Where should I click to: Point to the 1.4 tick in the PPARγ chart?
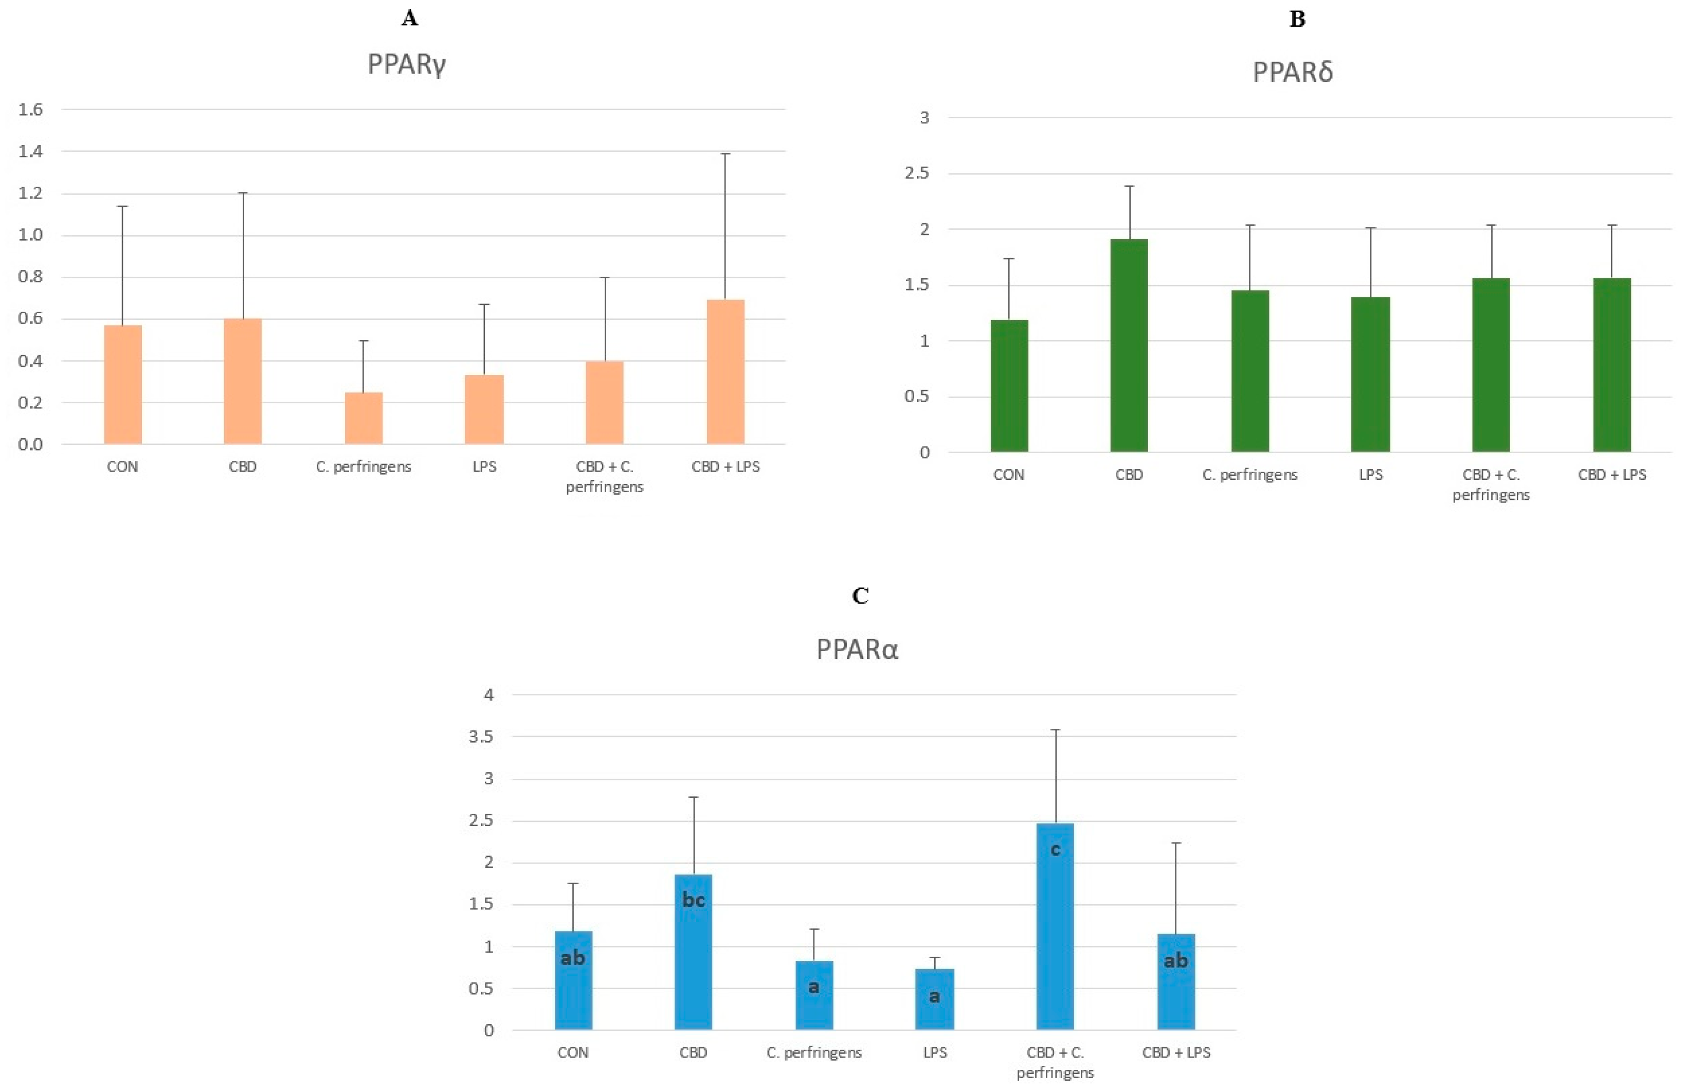(30, 151)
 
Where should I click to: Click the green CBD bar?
(1129, 345)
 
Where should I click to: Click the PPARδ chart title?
(1292, 73)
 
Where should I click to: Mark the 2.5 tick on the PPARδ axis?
(917, 174)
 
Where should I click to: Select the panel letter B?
(1297, 19)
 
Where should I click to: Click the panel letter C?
(860, 596)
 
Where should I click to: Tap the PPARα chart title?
(857, 650)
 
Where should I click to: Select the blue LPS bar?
(934, 999)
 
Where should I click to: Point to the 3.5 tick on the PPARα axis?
(481, 737)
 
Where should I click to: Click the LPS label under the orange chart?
(484, 467)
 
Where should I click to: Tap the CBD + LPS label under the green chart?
(1611, 475)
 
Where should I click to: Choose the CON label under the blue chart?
(572, 1052)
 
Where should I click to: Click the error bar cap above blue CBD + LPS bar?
(1176, 843)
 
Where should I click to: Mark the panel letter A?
(409, 19)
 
